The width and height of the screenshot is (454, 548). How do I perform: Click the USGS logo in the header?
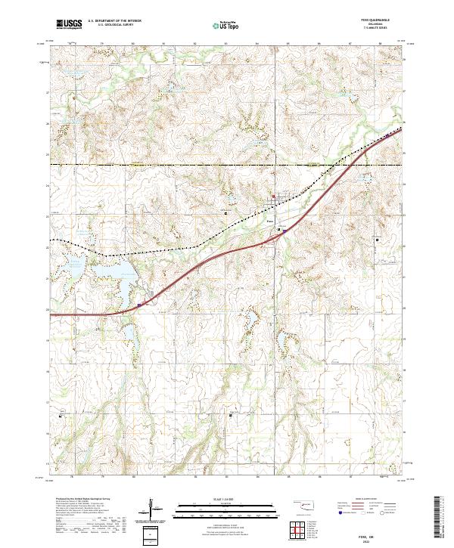click(x=70, y=24)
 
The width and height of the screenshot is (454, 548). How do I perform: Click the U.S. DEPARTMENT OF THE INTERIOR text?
click(x=114, y=21)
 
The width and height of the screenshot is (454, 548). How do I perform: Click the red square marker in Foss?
click(x=274, y=199)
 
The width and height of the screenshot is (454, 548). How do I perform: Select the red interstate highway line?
click(x=227, y=251)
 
